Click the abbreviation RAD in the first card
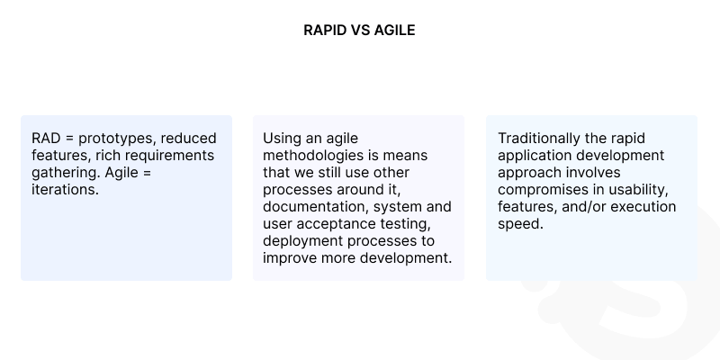pyautogui.click(x=48, y=139)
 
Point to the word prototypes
pyautogui.click(x=113, y=139)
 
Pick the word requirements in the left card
pyautogui.click(x=173, y=155)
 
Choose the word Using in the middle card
pyautogui.click(x=282, y=139)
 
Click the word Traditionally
pyautogui.click(x=542, y=139)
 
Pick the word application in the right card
pyautogui.click(x=533, y=155)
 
